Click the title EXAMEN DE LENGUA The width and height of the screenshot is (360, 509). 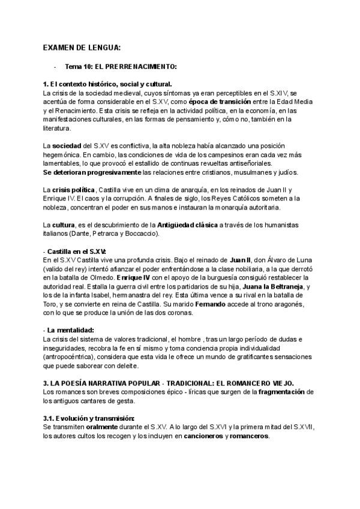point(82,47)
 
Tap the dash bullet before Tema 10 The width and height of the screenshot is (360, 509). point(55,67)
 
